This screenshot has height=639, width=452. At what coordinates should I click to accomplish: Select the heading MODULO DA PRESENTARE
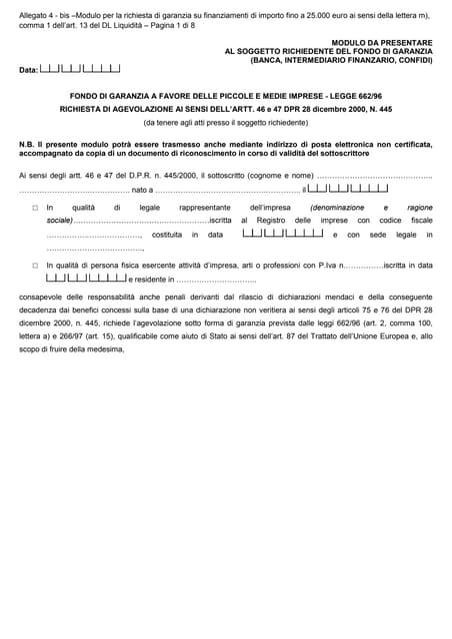click(x=382, y=42)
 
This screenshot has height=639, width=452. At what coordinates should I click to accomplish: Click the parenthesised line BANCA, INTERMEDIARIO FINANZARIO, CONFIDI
click(x=342, y=60)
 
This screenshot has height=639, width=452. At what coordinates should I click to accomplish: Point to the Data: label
click(x=28, y=71)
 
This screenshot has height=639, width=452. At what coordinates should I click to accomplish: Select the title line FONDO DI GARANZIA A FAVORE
click(x=225, y=97)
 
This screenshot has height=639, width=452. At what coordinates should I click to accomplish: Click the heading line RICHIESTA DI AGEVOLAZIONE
click(x=225, y=109)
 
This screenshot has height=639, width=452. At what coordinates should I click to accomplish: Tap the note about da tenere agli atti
click(x=225, y=122)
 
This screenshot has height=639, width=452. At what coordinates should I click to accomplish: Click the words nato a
click(x=142, y=189)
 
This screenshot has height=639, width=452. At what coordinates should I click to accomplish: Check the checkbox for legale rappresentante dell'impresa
click(x=35, y=208)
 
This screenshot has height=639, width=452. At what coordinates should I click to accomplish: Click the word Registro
click(x=271, y=220)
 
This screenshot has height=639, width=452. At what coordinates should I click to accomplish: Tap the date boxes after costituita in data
click(x=283, y=234)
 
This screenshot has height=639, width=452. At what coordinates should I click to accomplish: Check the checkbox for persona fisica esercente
click(x=35, y=266)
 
